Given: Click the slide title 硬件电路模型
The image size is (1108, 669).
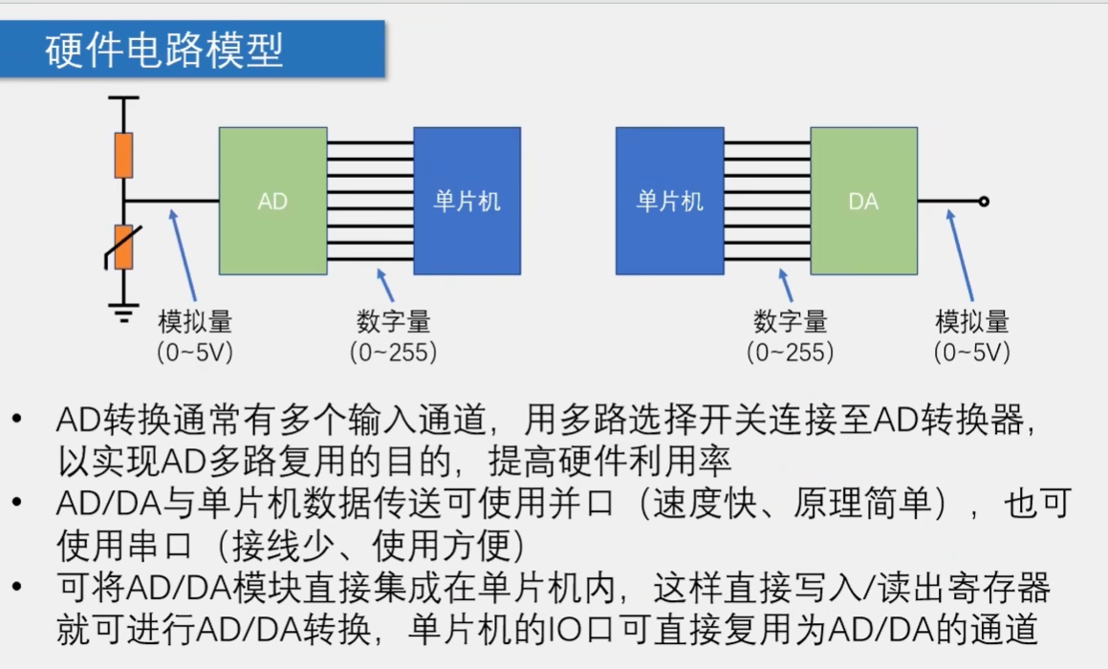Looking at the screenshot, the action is pos(164,50).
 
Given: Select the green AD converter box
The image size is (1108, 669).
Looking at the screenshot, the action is pos(272,201).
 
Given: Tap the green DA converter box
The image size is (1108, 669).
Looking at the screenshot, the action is pos(863,201).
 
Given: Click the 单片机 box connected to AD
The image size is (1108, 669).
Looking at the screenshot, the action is pos(467,201).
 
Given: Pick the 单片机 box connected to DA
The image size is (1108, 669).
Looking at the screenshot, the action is pos(669,201).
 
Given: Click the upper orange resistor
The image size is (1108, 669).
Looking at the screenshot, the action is pos(123,156).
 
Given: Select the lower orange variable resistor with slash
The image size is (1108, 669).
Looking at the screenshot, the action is pos(123,247).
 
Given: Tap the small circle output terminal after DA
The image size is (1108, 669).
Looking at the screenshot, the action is pos(984,202).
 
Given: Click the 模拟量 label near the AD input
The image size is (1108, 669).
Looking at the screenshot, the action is pos(195,322).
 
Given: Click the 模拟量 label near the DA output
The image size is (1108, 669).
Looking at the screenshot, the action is pos(972,322).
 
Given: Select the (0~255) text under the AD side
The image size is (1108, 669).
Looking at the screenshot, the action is pos(393,353).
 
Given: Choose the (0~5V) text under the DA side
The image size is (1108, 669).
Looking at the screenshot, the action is pos(972,353).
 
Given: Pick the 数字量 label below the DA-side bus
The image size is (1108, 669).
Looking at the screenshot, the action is pos(791,322).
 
